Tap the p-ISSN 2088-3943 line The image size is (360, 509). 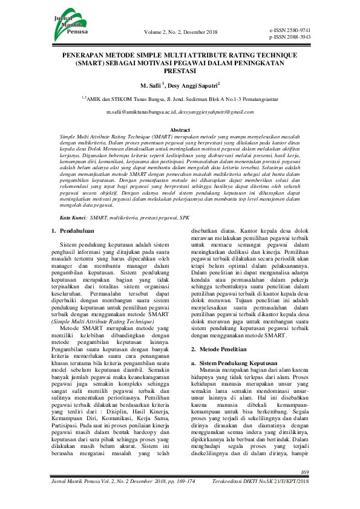[x=290, y=37]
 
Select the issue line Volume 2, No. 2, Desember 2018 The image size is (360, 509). [x=180, y=32]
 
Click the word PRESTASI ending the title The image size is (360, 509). [x=180, y=71]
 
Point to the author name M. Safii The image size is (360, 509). [x=152, y=86]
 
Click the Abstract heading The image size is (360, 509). [x=180, y=130]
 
